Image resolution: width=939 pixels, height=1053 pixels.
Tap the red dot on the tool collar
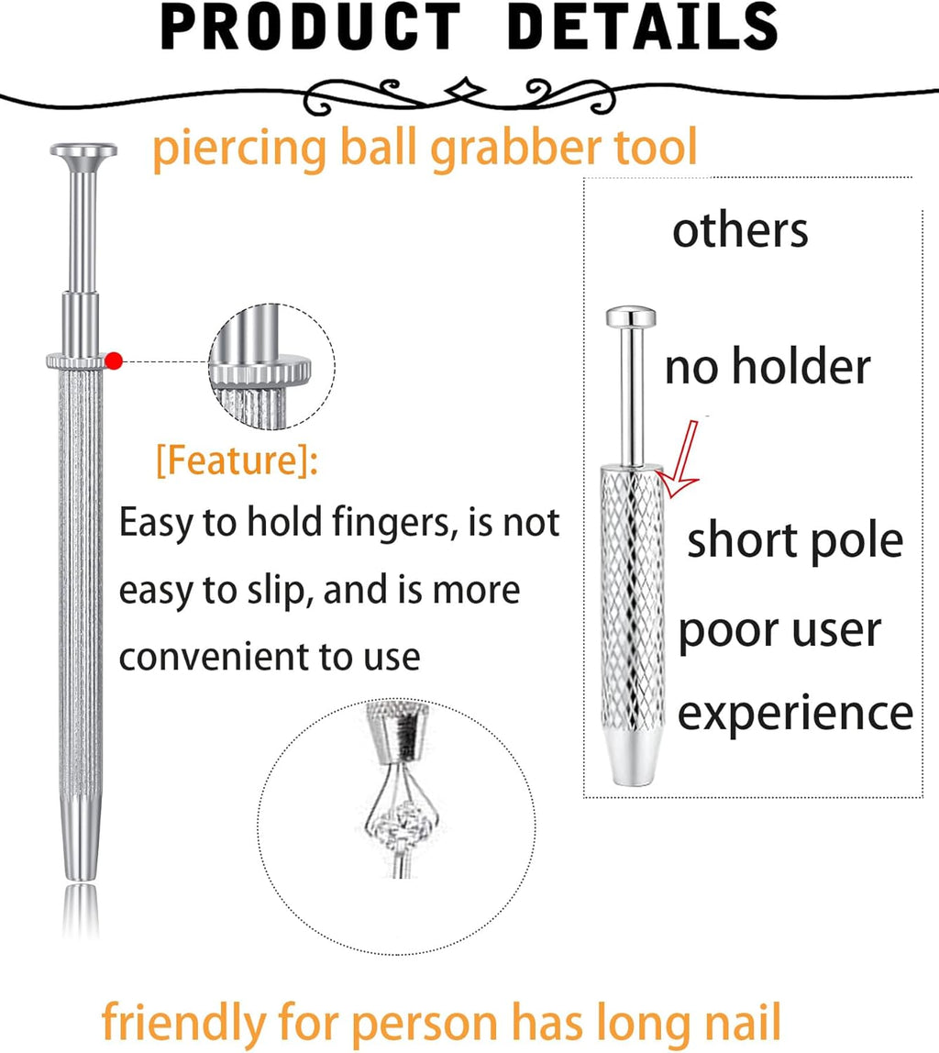click(x=114, y=360)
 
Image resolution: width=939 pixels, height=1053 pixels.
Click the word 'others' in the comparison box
click(x=740, y=230)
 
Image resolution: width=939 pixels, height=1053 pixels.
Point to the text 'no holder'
click(x=767, y=368)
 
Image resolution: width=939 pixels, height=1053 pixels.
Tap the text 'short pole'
click(x=794, y=540)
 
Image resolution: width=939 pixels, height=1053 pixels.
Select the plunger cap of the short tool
click(x=630, y=318)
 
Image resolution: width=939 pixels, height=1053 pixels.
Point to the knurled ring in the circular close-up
click(x=261, y=371)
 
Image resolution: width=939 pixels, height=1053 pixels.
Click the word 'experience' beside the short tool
click(x=795, y=714)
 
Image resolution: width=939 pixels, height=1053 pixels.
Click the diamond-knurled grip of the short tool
click(x=632, y=596)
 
